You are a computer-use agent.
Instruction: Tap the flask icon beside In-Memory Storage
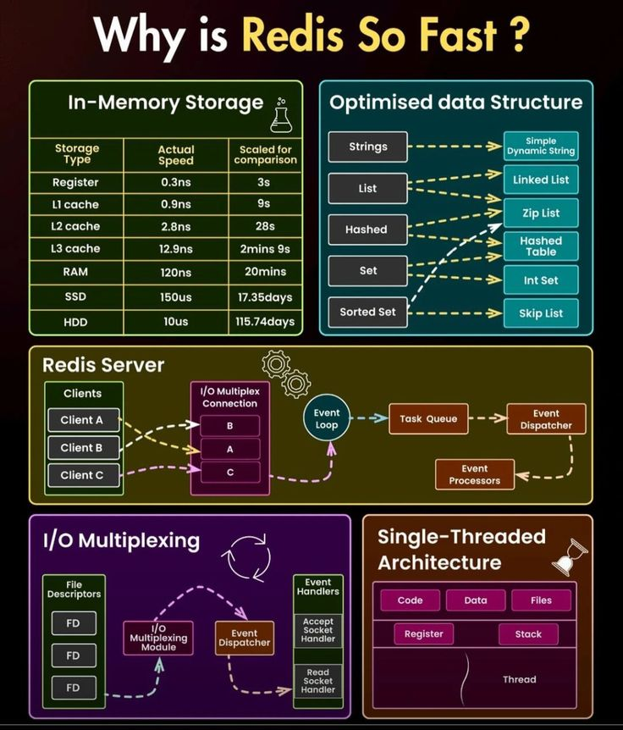click(281, 117)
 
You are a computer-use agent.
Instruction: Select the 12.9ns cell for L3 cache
click(177, 249)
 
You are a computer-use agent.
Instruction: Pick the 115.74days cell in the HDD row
click(265, 322)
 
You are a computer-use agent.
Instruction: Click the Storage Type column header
click(77, 154)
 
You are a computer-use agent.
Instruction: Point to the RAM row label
click(76, 272)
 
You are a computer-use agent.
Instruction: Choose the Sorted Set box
click(367, 312)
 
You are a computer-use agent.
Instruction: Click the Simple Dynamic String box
click(541, 146)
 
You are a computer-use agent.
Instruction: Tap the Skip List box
click(541, 312)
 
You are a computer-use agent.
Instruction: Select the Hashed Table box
click(541, 246)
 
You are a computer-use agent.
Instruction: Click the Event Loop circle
click(327, 418)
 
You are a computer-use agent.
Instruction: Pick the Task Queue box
click(428, 418)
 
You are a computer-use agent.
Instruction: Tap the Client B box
click(82, 447)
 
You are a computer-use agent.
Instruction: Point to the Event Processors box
click(474, 474)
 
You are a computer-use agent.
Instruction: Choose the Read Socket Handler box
click(318, 681)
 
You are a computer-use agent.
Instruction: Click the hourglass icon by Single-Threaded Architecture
click(570, 556)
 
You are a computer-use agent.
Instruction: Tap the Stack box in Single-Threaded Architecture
click(528, 633)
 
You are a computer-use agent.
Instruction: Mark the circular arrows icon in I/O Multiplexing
click(245, 556)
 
